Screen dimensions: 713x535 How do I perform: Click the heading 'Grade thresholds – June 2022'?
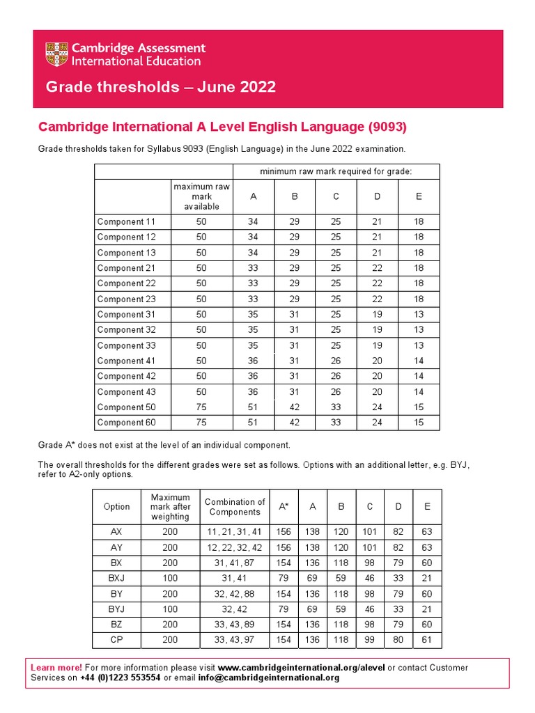click(x=160, y=87)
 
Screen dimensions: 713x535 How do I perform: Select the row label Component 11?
click(x=126, y=222)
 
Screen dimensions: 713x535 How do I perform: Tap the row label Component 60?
click(x=126, y=423)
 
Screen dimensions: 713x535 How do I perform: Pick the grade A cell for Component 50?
click(x=253, y=407)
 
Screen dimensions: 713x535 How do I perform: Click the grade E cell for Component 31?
click(x=419, y=315)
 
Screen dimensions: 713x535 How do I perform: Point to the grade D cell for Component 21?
click(x=377, y=268)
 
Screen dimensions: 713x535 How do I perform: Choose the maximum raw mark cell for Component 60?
click(x=201, y=423)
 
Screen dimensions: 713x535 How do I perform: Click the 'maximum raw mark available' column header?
click(x=201, y=196)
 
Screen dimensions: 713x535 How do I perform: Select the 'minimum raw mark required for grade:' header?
click(x=336, y=171)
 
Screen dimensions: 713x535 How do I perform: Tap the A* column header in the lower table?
click(x=284, y=507)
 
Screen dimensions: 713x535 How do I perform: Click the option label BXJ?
click(x=116, y=579)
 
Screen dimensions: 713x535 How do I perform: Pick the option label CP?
click(x=116, y=640)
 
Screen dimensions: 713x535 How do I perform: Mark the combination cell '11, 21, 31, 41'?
click(x=234, y=532)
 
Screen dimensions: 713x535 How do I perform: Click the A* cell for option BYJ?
click(x=284, y=609)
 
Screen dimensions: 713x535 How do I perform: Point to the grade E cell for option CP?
click(x=427, y=640)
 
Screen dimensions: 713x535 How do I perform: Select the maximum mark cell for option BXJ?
click(x=170, y=579)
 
